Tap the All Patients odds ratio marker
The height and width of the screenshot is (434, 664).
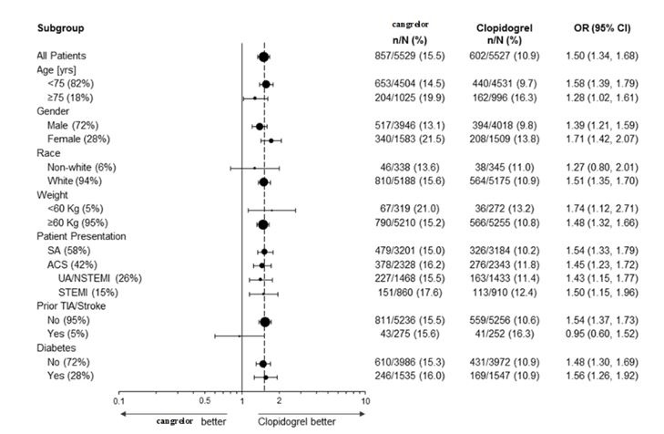coord(263,57)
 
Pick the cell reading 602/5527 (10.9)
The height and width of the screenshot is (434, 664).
coord(504,57)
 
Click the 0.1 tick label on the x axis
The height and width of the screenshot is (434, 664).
coord(118,401)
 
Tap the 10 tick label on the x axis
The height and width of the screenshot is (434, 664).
coord(364,401)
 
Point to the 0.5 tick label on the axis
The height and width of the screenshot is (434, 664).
coord(204,401)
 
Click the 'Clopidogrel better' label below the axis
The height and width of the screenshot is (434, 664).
coord(296,422)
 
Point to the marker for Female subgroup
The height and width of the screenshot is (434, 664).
coord(271,140)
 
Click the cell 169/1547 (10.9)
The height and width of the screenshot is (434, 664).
coord(504,377)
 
